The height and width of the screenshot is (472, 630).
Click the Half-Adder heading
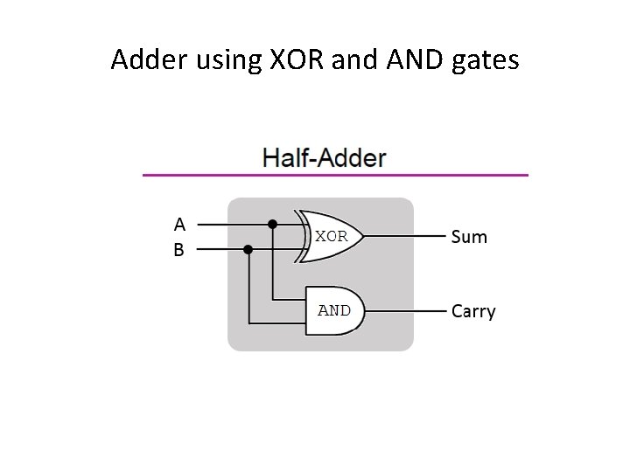click(325, 158)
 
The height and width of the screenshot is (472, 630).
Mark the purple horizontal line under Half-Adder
click(335, 175)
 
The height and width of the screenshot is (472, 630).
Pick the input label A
click(178, 224)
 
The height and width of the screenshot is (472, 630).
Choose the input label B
click(178, 250)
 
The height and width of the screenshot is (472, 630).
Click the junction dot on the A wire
click(272, 224)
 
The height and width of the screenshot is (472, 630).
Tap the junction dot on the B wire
click(248, 249)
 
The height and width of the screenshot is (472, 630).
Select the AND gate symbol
click(333, 310)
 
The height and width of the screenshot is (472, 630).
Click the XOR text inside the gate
click(331, 236)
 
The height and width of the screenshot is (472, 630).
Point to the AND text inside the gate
click(333, 310)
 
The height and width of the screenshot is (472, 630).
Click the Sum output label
click(468, 237)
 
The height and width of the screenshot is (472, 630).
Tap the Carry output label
click(472, 311)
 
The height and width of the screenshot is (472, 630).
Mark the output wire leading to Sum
click(402, 236)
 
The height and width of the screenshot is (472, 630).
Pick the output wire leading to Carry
click(402, 310)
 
